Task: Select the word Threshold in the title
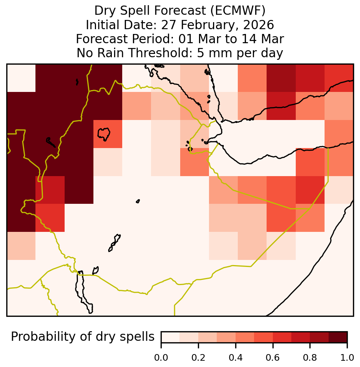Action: pos(159,53)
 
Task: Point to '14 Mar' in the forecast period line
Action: pos(263,39)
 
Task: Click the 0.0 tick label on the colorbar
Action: pos(161,357)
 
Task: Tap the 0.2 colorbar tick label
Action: pos(198,357)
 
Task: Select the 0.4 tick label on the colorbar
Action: pos(236,357)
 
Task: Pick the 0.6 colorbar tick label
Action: pos(273,357)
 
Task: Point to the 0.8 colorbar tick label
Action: pos(310,357)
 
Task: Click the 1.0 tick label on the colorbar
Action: pos(347,357)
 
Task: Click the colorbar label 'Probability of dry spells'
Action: pos(83,337)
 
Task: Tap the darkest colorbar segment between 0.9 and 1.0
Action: pos(338,337)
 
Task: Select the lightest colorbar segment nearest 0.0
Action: pos(171,337)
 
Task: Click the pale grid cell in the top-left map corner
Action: pos(21,78)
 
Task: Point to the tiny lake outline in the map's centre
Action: pos(138,201)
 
